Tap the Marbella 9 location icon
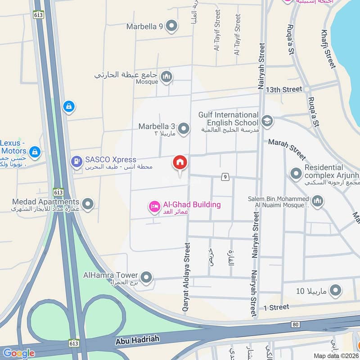pyautogui.click(x=171, y=26)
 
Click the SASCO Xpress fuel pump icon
pyautogui.click(x=76, y=160)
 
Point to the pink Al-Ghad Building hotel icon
pyautogui.click(x=154, y=207)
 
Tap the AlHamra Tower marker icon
pyautogui.click(x=146, y=276)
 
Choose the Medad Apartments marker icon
pyautogui.click(x=88, y=204)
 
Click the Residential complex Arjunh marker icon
pyautogui.click(x=296, y=173)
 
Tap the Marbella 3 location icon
pyautogui.click(x=183, y=129)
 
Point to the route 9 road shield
pyautogui.click(x=225, y=177)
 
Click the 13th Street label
pyautogui.click(x=283, y=89)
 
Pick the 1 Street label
pyautogui.click(x=276, y=307)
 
